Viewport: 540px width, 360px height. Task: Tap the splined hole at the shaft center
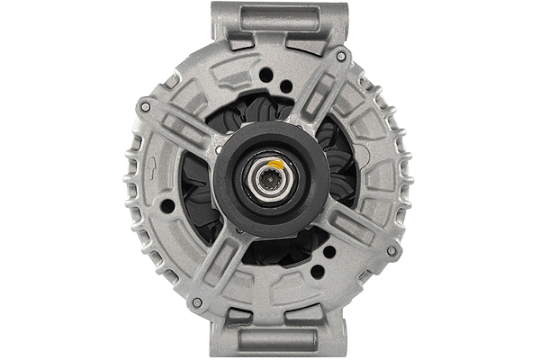(267, 176)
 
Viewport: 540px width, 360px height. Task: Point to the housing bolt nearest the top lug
(341, 56)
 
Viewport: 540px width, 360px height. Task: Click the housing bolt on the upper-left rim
(145, 106)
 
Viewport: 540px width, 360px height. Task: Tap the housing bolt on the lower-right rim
(391, 250)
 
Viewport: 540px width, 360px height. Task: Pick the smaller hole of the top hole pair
(286, 86)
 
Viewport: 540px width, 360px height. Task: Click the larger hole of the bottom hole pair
(318, 271)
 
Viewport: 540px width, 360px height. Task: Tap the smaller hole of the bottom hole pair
(329, 253)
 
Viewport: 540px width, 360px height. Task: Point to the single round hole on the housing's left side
(167, 206)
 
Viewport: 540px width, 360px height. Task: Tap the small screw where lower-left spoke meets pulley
(238, 231)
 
